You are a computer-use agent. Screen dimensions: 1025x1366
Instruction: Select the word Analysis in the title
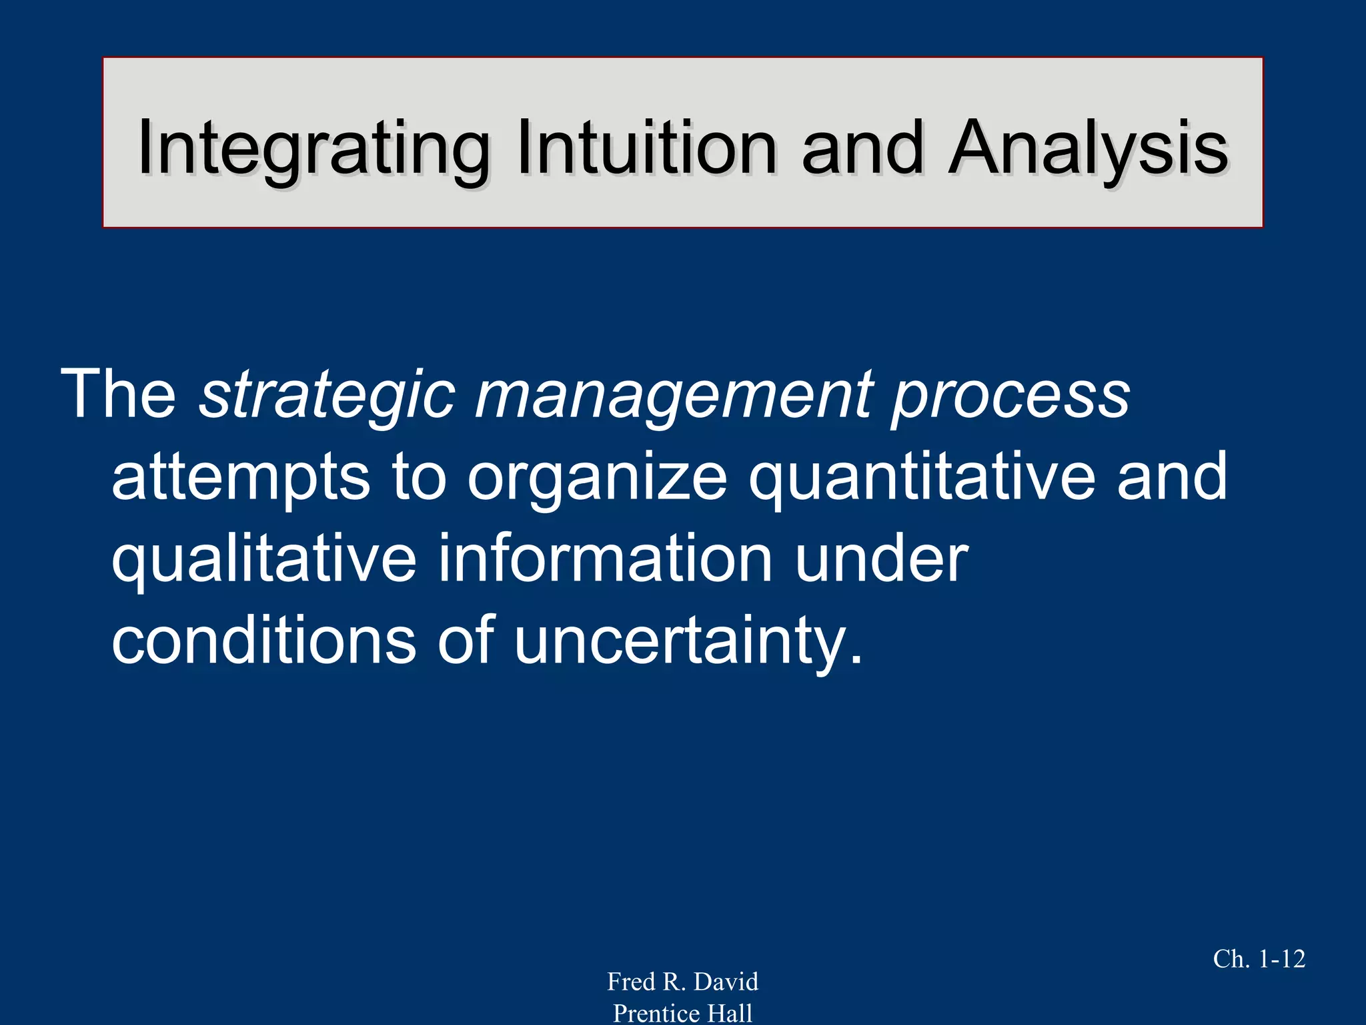pos(1089,148)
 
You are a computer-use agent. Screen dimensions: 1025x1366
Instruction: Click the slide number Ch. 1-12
pos(1259,959)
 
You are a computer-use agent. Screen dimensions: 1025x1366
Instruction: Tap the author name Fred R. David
pos(682,982)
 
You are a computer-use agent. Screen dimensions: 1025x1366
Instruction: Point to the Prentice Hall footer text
pos(682,1013)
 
